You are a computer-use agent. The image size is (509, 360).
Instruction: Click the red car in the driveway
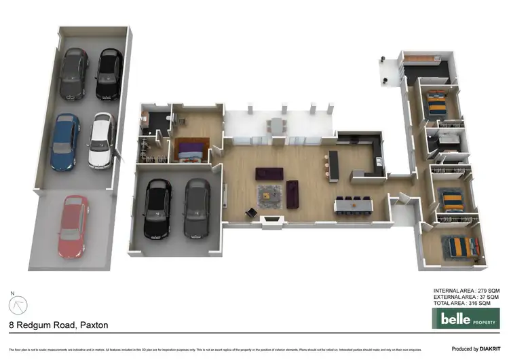pos(73,226)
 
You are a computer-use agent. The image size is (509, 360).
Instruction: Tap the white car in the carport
pos(100,140)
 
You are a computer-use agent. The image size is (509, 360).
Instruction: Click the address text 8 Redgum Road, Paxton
pos(58,325)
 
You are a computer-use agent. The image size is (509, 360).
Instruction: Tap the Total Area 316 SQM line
pos(467,304)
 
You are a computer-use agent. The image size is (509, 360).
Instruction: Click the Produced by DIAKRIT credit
pos(475,348)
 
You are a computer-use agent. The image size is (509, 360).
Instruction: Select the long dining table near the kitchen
pos(353,204)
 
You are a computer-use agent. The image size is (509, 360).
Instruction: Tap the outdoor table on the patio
pos(276,126)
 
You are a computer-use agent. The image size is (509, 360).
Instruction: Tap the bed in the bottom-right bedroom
pos(459,245)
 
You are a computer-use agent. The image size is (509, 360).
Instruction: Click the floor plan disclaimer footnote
pos(204,349)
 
